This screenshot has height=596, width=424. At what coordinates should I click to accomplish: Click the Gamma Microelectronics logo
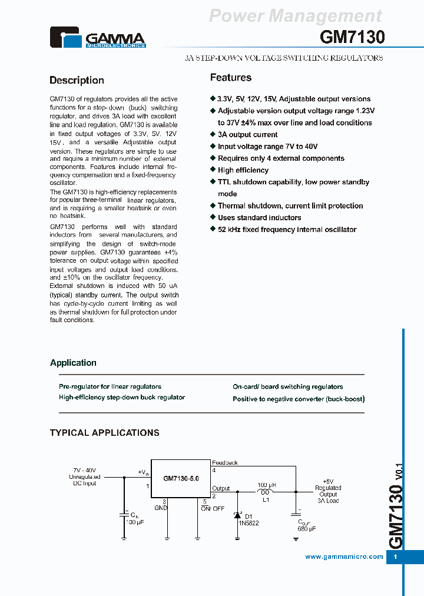[x=97, y=38]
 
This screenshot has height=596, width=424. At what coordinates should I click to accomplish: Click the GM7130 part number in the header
[x=352, y=38]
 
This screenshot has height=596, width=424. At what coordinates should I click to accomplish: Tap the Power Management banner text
[x=296, y=16]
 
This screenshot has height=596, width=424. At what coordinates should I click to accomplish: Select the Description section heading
[x=77, y=81]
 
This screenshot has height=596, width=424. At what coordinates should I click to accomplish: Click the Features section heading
[x=231, y=78]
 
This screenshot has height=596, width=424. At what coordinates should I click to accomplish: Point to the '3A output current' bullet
[x=247, y=135]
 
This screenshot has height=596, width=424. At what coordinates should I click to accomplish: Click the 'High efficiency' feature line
[x=243, y=170]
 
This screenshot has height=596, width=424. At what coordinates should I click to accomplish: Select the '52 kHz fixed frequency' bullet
[x=287, y=230]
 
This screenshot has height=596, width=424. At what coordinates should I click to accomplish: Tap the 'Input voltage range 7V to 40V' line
[x=267, y=147]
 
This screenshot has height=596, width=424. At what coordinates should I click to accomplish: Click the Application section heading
[x=73, y=363]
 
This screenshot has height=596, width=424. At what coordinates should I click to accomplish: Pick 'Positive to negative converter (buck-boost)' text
[x=299, y=399]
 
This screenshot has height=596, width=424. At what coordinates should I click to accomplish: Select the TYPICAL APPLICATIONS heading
[x=104, y=433]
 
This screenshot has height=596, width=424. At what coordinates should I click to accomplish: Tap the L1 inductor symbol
[x=265, y=492]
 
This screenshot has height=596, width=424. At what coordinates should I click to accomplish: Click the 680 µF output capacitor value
[x=306, y=529]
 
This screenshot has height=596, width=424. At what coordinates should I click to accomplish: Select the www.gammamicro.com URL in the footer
[x=344, y=557]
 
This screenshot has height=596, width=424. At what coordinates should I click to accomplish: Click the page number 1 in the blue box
[x=395, y=557]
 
